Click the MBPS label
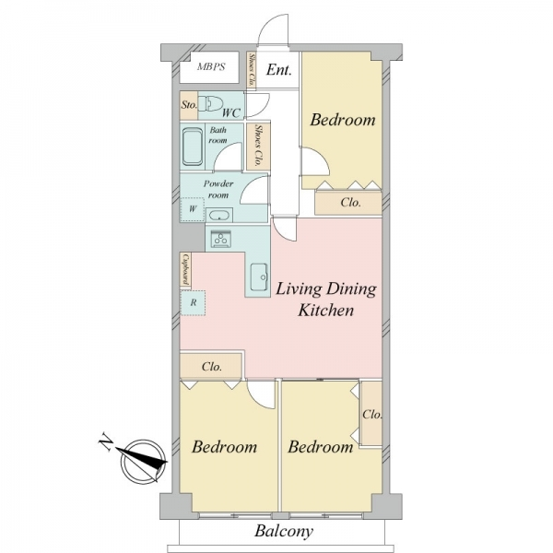[x=211, y=66]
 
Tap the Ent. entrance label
[x=278, y=69]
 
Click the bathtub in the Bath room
[x=193, y=147]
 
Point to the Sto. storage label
[x=189, y=105]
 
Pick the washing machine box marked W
[x=193, y=209]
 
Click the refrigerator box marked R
[x=193, y=302]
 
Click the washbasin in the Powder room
[x=219, y=215]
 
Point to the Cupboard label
[x=185, y=270]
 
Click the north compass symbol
[x=143, y=462]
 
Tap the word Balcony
[x=284, y=532]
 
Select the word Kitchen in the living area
[x=325, y=311]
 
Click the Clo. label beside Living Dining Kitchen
[x=212, y=367]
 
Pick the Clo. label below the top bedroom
[x=350, y=203]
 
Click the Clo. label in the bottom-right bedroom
[x=372, y=414]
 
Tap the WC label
[x=231, y=112]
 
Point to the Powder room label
[x=218, y=189]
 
